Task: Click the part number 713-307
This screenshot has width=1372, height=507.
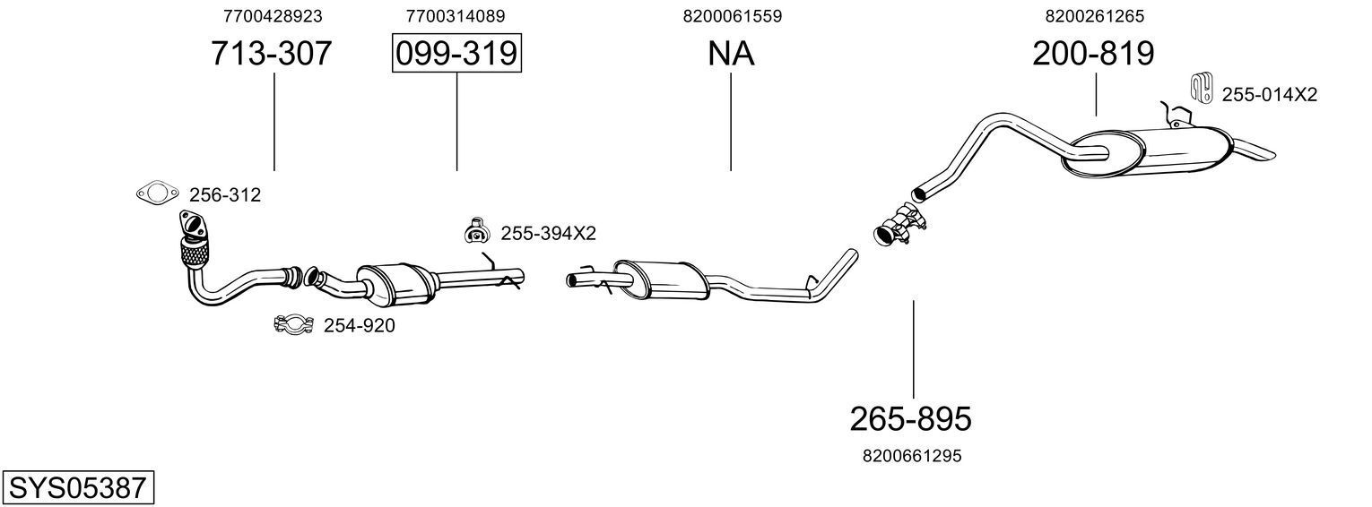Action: coord(272,54)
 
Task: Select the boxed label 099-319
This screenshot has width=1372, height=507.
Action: coord(456,54)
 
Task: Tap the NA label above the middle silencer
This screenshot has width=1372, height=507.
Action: coord(731,54)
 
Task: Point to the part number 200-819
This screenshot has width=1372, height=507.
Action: coord(1093,54)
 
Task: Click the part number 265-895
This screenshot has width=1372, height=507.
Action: coord(910,418)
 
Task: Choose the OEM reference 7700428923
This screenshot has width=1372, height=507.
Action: coord(272,16)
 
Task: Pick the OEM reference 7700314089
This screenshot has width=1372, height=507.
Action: coord(455,16)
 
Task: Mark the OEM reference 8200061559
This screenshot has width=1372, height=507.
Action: coord(732,16)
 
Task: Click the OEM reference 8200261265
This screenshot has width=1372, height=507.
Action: coord(1094,16)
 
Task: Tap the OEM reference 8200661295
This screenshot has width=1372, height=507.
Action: coord(911,456)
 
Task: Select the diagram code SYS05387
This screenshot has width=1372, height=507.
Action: coord(77,488)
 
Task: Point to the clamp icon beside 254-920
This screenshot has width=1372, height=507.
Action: coord(292,324)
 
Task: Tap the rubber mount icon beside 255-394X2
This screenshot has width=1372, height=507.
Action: coord(475,232)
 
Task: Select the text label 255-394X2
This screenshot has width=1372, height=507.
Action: coord(548,234)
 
